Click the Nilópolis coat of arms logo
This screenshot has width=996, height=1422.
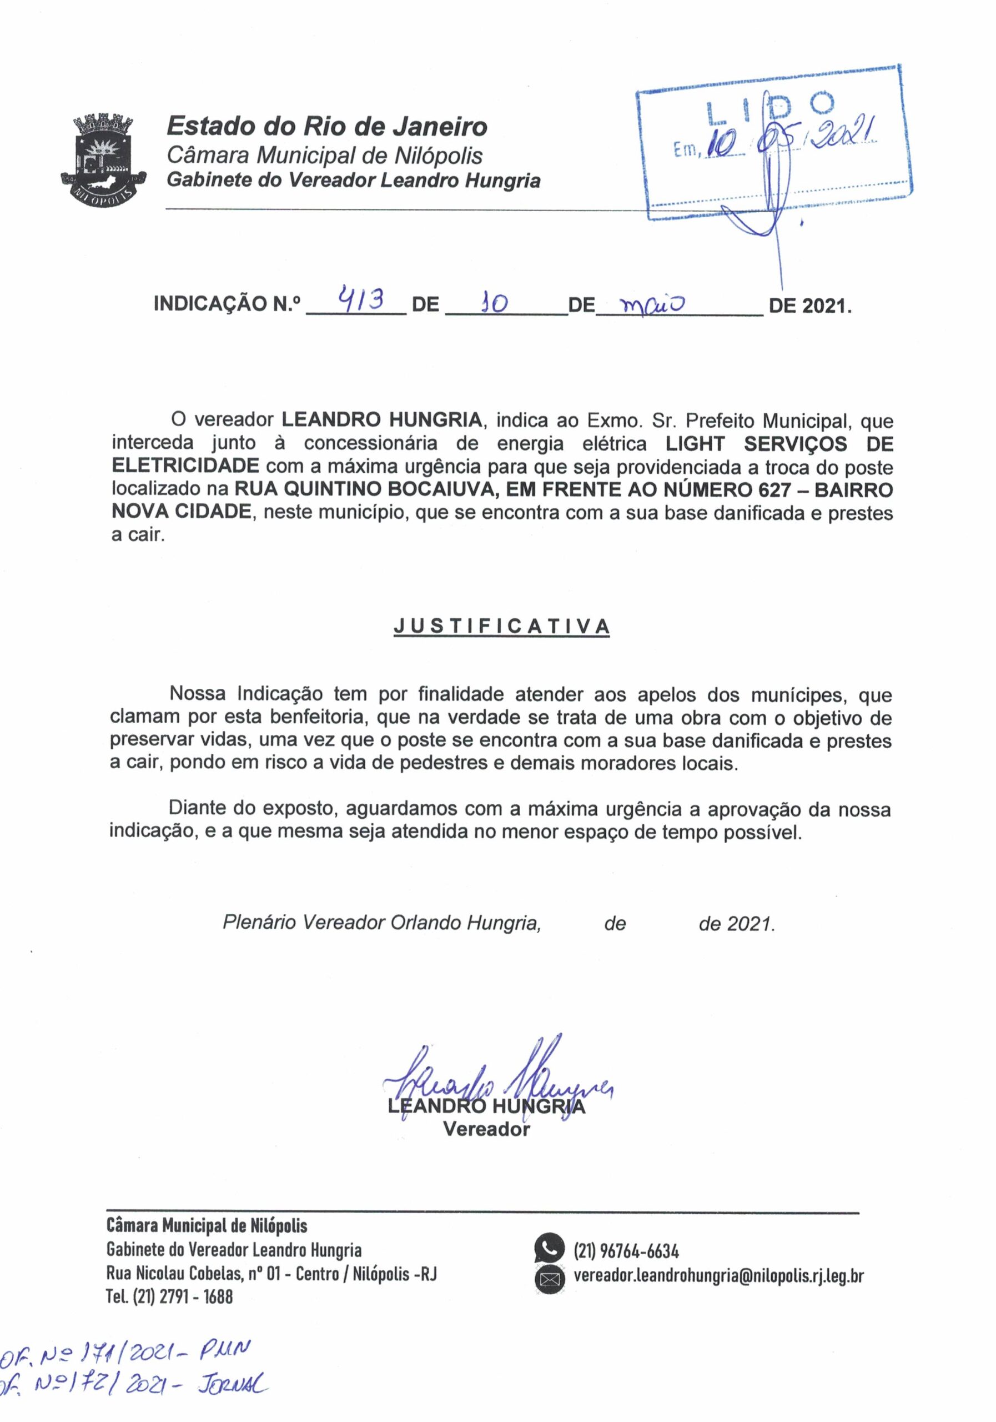tap(103, 159)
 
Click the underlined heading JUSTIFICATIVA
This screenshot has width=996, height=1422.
tap(501, 627)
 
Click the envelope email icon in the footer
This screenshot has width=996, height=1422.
tap(549, 1277)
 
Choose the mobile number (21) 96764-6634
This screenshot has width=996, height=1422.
tap(626, 1251)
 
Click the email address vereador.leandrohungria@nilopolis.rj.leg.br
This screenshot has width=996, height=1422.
tap(718, 1276)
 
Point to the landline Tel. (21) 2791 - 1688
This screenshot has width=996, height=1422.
tap(170, 1296)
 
